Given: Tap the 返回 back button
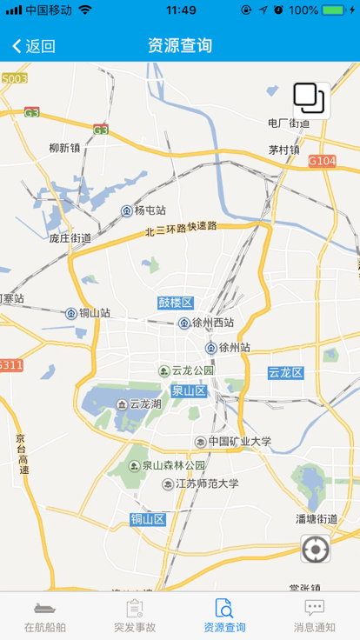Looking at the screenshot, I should tap(34, 46).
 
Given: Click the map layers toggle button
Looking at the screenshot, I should tap(309, 99).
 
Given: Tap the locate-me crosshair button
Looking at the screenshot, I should tap(315, 550).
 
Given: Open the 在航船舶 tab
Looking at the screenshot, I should tap(44, 616).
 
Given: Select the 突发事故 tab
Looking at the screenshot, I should tap(135, 616).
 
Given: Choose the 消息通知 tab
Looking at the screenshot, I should tap(314, 616).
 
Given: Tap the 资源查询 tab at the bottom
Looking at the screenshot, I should tap(224, 616).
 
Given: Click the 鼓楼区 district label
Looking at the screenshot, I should tap(175, 303).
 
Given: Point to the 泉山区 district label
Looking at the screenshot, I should tap(188, 391).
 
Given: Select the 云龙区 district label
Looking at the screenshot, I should tap(285, 372).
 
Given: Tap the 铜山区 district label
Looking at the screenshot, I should tap(148, 519).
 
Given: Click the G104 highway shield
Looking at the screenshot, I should tap(322, 161).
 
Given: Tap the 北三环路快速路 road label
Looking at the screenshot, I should tap(181, 229).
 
